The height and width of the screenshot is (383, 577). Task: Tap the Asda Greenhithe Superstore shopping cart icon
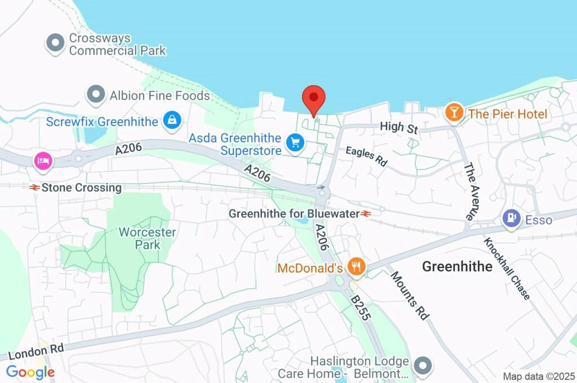[294, 143]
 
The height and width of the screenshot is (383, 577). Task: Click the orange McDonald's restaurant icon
[355, 266]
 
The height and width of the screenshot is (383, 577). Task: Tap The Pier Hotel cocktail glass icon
[453, 113]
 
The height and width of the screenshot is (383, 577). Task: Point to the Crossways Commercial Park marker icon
[55, 43]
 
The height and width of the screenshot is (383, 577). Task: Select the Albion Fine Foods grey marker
[96, 95]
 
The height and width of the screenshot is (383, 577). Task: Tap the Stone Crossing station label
[76, 188]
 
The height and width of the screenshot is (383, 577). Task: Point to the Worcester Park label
[148, 238]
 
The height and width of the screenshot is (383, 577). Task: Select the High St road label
[398, 128]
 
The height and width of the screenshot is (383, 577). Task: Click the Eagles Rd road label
[367, 155]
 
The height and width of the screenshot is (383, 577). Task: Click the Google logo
[30, 372]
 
